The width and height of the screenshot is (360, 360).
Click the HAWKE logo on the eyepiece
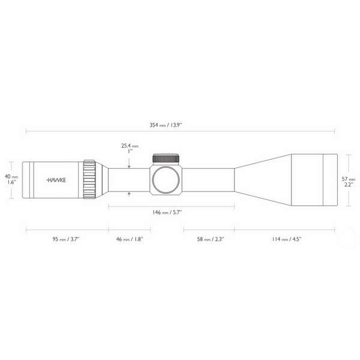(56, 180)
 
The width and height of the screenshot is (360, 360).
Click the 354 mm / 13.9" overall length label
(166, 125)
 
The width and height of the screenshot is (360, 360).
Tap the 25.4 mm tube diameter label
(130, 146)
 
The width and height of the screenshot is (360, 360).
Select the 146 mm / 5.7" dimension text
(167, 212)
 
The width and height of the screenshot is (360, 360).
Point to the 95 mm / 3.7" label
(66, 239)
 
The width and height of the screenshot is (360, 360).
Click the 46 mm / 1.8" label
(130, 239)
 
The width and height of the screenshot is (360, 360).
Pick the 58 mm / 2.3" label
(211, 239)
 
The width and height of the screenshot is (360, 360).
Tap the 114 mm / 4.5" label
(287, 239)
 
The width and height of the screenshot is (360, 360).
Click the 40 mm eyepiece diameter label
(11, 176)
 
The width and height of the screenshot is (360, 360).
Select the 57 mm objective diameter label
(349, 179)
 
